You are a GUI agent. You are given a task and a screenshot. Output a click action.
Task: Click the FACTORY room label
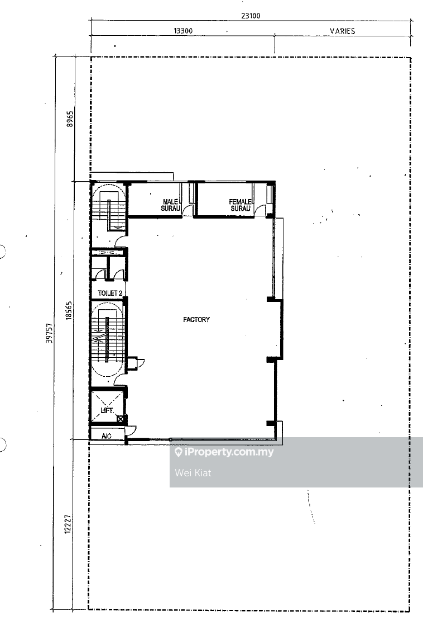click(x=196, y=319)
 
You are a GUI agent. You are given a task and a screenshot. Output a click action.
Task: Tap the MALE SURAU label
click(x=171, y=205)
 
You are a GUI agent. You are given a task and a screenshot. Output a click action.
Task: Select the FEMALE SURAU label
click(x=241, y=205)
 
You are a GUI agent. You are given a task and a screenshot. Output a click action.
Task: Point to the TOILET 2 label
click(x=110, y=293)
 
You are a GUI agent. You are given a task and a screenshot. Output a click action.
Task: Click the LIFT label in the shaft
click(x=107, y=410)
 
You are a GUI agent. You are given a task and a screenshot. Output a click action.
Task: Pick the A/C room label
click(x=106, y=436)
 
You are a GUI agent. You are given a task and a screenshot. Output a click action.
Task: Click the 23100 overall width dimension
click(x=251, y=16)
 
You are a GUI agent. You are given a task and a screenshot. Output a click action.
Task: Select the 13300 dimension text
click(x=183, y=31)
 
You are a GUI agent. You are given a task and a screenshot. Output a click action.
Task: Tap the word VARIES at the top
click(x=342, y=31)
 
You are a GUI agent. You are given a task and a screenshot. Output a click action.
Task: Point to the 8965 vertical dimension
click(x=70, y=119)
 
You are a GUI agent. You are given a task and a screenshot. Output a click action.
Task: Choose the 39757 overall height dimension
click(x=49, y=333)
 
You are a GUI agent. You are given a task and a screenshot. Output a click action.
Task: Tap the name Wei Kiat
click(x=193, y=473)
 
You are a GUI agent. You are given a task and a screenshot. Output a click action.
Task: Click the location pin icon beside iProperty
click(x=178, y=452)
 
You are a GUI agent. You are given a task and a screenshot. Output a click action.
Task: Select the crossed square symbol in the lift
click(x=120, y=419)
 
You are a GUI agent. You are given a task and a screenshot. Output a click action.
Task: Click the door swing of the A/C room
click(x=132, y=430)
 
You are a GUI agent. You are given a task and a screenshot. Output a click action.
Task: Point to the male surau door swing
click(x=188, y=211)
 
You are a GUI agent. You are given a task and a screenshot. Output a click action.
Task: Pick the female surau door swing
click(x=260, y=210)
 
